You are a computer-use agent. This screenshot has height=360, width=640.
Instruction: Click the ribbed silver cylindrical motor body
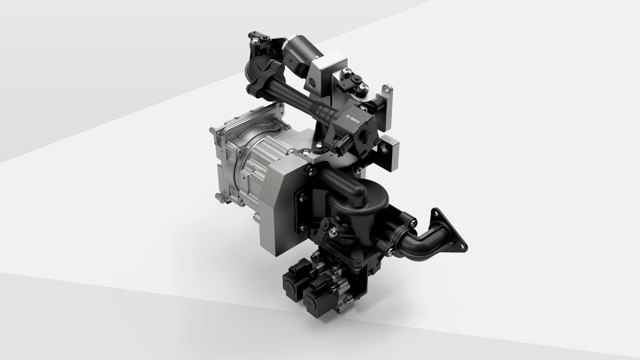(x=250, y=167)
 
